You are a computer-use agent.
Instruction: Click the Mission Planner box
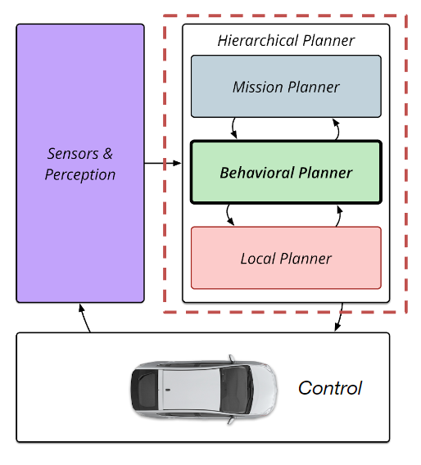[x=286, y=86]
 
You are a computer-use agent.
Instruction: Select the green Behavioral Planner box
[x=286, y=172]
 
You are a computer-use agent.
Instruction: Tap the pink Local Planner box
[x=286, y=258]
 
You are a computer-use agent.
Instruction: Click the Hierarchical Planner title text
[x=286, y=41]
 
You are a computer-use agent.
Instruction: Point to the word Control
[x=330, y=388]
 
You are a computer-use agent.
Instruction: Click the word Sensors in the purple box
[x=73, y=154]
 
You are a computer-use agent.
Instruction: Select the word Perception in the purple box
[x=80, y=174]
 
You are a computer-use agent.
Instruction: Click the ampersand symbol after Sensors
[x=107, y=154]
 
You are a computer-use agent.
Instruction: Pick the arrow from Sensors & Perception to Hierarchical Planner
[x=163, y=163]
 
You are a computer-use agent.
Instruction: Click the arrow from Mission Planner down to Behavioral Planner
[x=233, y=128]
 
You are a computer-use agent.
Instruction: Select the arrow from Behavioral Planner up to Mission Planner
[x=337, y=129]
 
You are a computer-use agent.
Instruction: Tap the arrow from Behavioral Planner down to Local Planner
[x=228, y=215]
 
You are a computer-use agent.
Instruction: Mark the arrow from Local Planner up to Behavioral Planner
[x=339, y=216]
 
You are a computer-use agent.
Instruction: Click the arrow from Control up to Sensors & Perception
[x=84, y=318]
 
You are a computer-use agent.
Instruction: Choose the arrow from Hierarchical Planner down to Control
[x=340, y=317]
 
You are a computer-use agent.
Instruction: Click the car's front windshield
[x=236, y=390]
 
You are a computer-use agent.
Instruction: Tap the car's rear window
[x=146, y=390]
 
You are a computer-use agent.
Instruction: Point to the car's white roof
[x=190, y=390]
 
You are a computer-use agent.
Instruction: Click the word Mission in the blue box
[x=257, y=87]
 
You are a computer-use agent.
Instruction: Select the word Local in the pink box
[x=258, y=259]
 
